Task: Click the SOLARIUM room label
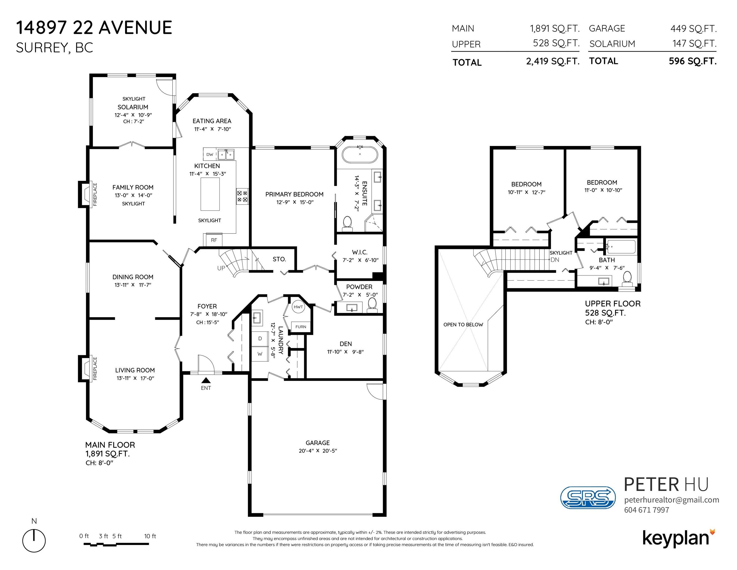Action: point(133,107)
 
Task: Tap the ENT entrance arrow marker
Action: point(206,380)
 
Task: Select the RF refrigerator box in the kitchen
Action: point(214,240)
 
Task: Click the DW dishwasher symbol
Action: point(210,154)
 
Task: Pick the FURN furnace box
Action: point(301,327)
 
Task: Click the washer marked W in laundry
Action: point(260,354)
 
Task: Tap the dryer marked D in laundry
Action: point(260,339)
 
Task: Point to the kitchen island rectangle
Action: point(210,194)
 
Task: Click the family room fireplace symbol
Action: point(85,194)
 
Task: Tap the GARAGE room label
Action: point(317,443)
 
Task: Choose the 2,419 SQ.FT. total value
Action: point(553,61)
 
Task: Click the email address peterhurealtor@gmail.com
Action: point(671,500)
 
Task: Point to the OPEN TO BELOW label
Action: point(463,325)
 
